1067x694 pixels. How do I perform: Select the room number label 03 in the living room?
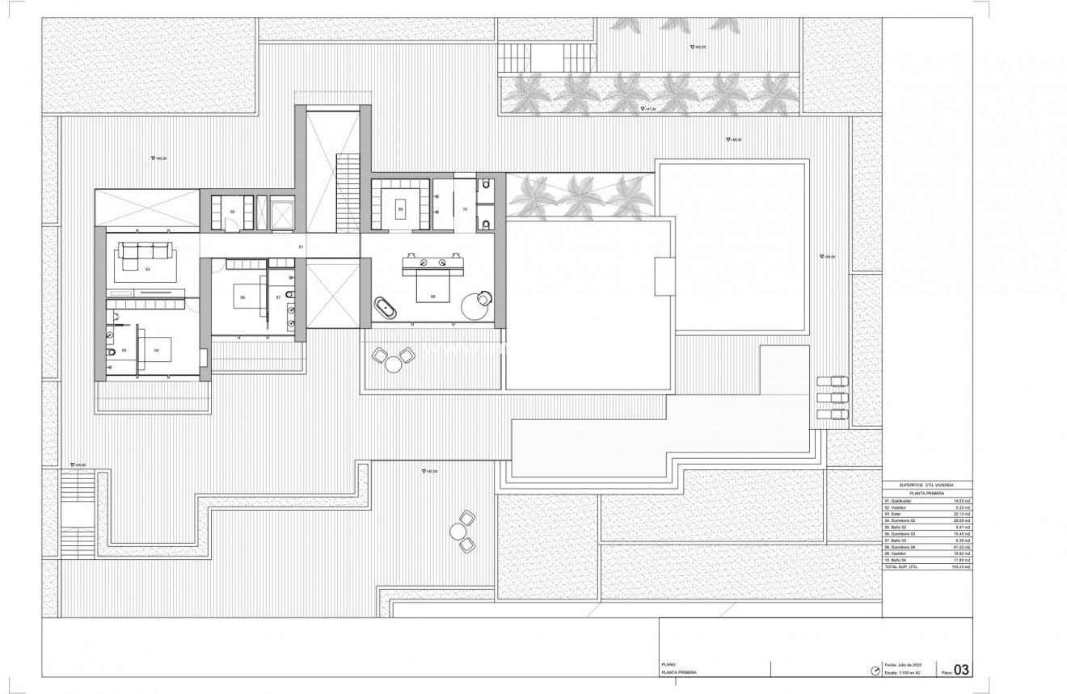point(148,268)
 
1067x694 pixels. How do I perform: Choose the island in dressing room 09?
point(400,209)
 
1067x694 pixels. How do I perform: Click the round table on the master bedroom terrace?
point(394,364)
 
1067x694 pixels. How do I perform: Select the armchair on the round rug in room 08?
point(483,300)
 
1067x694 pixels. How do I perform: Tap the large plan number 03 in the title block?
point(962,669)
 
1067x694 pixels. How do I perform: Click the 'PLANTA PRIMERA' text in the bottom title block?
point(679,672)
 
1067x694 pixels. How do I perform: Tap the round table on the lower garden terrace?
point(459,531)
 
